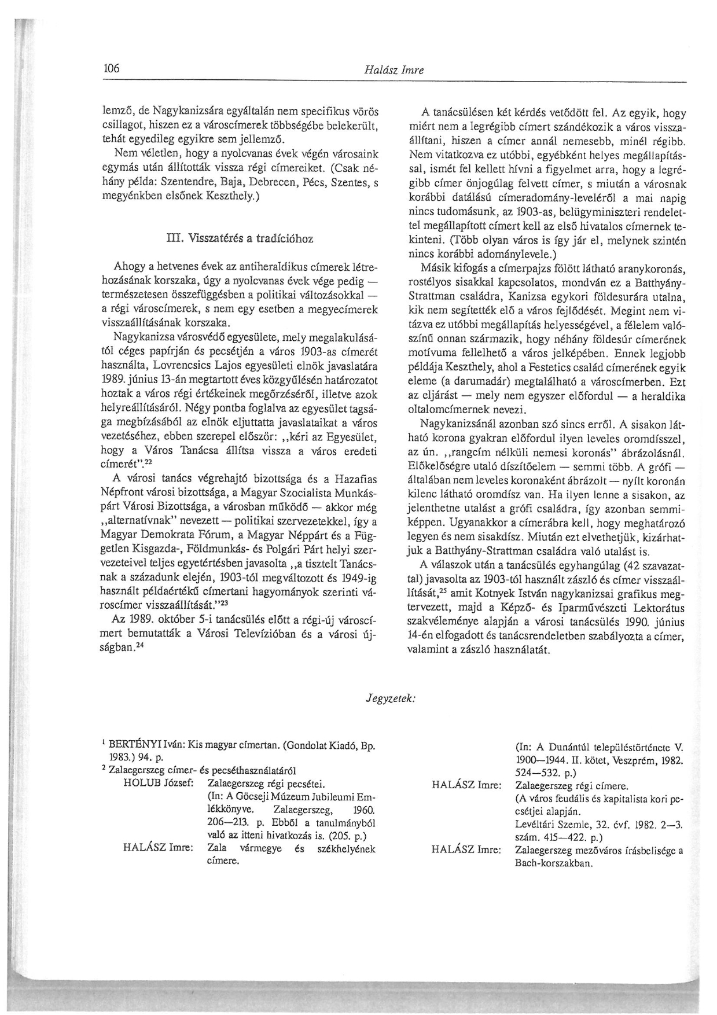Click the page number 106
click(x=111, y=69)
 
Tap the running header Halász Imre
click(x=394, y=70)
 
